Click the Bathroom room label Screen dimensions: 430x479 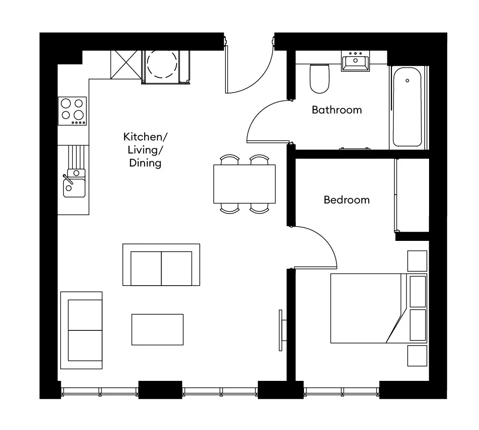tap(337, 110)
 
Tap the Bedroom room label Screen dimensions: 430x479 tap(347, 200)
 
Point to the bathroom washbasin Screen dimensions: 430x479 tap(355, 62)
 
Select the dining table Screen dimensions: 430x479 tap(244, 184)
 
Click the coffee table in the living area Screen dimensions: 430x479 tap(157, 330)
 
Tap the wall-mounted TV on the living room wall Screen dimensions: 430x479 tap(281, 330)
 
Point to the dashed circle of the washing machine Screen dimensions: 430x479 tap(162, 64)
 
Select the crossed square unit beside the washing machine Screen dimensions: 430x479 tap(126, 64)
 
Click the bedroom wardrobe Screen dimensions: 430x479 tap(412, 195)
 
